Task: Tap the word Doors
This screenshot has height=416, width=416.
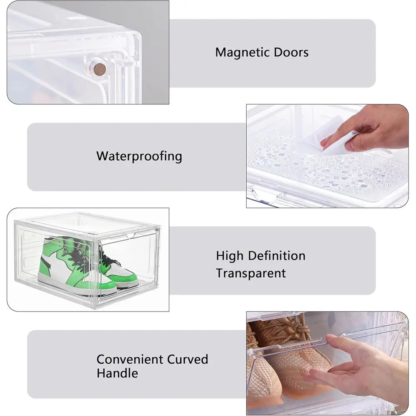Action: tap(291, 52)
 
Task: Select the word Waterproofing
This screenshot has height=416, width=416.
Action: tap(139, 156)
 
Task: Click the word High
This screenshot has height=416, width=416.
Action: tap(230, 256)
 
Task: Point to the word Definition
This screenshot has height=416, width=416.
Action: tap(277, 256)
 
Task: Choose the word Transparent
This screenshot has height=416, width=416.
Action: tap(251, 273)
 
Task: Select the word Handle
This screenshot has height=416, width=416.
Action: tap(117, 373)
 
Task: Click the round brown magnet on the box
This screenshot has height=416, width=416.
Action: tap(100, 69)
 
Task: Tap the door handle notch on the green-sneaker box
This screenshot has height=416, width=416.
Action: tap(131, 236)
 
